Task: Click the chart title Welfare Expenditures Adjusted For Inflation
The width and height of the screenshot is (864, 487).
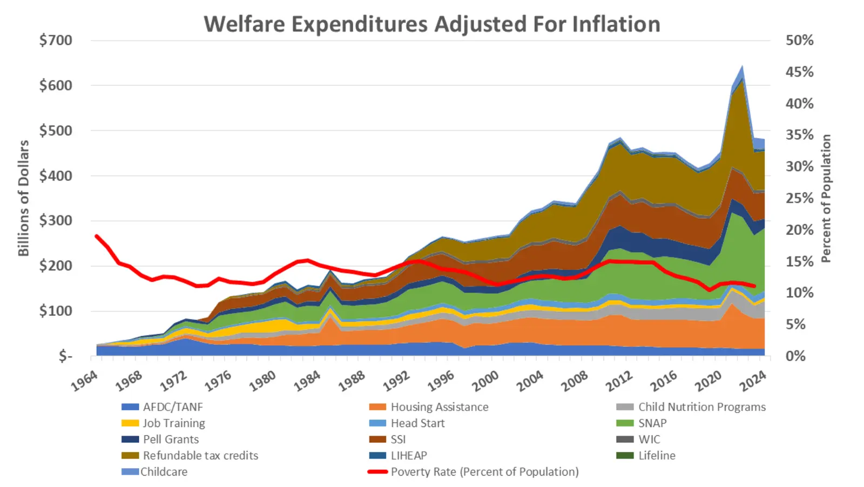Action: coord(431,24)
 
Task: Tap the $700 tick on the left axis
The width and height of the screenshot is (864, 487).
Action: coord(56,40)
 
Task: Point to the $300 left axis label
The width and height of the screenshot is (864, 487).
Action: coord(56,220)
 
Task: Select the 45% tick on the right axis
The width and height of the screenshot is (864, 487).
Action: coord(799,72)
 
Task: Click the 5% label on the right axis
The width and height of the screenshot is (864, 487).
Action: coord(795,324)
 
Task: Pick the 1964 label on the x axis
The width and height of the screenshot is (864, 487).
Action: coord(85,381)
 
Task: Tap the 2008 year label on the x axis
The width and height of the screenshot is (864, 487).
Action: coord(574,381)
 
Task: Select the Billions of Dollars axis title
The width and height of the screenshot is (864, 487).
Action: coord(23,198)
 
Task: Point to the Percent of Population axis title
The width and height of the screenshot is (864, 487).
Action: coord(826,198)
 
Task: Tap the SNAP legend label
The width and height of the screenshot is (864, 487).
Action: coord(652,423)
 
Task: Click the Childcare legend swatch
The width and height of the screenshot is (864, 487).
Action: coord(130,472)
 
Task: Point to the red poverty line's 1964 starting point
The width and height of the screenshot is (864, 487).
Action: coord(97,236)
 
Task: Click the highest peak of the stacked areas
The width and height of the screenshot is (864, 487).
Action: coord(742,66)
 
